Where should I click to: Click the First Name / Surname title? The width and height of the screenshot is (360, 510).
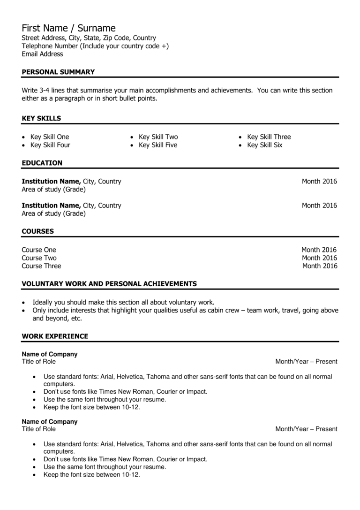point(68,28)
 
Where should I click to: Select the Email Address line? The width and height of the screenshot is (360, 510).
point(42,54)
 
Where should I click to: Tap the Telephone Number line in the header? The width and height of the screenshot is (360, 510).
point(95,46)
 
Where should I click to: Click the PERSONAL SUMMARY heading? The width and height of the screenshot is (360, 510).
point(58,72)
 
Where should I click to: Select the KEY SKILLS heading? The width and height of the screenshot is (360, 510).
point(41,118)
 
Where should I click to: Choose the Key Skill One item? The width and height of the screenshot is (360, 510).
point(50,137)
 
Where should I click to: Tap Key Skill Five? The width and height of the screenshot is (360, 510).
point(158,145)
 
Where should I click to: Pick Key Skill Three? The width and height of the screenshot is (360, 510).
point(269,137)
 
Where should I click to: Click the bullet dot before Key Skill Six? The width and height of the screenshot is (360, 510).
point(240,145)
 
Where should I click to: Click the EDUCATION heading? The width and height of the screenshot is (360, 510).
point(42,163)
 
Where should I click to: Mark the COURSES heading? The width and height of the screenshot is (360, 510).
point(37,231)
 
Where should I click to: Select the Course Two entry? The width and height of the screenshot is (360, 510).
point(39,258)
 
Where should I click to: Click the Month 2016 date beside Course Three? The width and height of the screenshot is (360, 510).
point(319,266)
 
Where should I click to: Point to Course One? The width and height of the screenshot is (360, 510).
point(38,250)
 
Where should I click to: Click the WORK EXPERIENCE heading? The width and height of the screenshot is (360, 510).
point(55,336)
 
